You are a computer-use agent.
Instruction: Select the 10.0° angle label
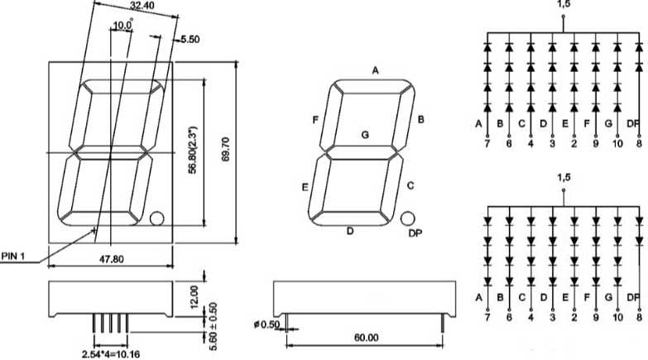122,26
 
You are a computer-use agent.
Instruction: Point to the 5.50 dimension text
190,40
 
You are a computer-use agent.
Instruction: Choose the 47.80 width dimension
111,259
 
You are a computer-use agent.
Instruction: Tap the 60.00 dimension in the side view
367,338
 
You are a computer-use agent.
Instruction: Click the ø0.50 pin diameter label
266,324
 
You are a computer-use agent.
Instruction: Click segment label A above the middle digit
375,71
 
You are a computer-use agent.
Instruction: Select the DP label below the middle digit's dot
415,233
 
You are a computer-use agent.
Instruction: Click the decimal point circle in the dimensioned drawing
156,218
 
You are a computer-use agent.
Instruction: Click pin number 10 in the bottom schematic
617,316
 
